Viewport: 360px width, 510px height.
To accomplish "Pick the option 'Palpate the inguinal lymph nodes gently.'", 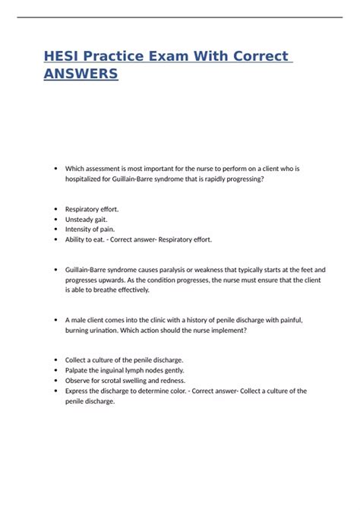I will (131, 370).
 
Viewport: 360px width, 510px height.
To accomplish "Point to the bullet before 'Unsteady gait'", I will (57, 218).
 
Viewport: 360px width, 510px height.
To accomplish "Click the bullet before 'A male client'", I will (57, 321).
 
